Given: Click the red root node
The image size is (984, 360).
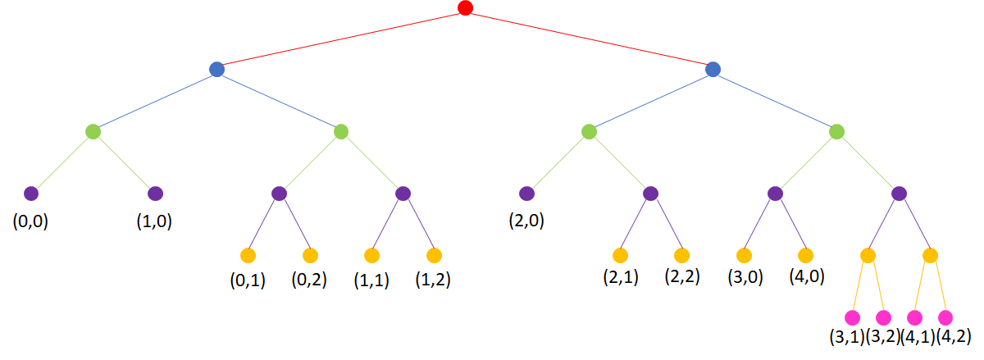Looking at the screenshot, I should point(465,8).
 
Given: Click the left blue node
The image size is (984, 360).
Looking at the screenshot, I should point(216,70).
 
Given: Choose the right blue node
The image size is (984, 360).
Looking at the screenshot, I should point(713,70).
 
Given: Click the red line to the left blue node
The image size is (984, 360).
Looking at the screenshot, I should point(340,39).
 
